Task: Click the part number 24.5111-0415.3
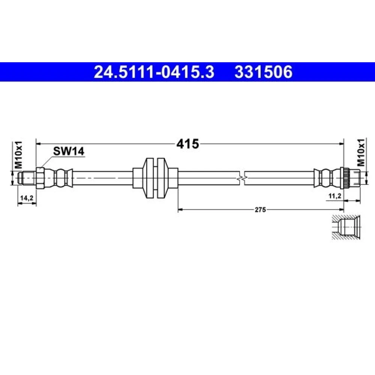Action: coord(154,72)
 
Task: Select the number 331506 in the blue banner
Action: coord(263,72)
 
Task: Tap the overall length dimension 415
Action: coord(187,144)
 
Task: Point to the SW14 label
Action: coord(69,151)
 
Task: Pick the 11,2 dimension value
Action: coord(335,196)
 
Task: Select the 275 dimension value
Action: coord(260,210)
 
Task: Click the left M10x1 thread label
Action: coord(18,154)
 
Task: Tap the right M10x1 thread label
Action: coord(361,152)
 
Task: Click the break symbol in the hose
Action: coord(242,178)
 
